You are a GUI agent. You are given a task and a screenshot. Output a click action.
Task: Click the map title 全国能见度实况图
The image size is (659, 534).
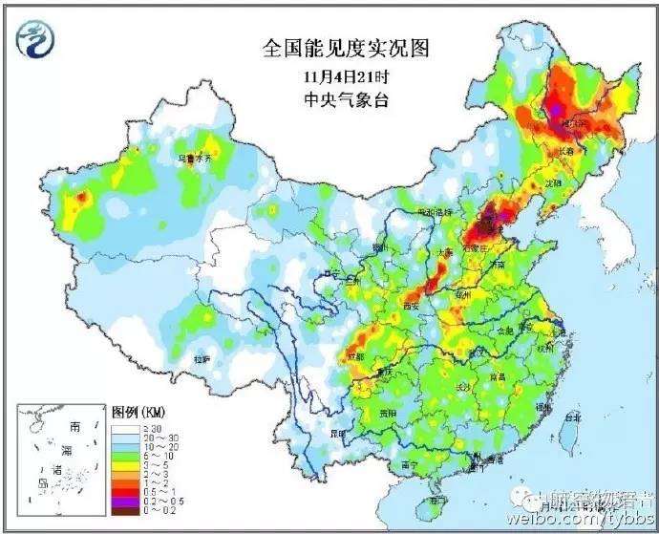329,46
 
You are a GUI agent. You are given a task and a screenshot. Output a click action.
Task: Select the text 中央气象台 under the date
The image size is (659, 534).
329,97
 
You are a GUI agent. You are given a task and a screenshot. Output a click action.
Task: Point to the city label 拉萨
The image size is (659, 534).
202,359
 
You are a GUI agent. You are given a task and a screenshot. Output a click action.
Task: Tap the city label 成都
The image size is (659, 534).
356,357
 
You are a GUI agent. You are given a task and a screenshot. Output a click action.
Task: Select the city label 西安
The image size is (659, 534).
412,306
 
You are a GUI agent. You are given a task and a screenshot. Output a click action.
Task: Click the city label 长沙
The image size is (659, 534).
463,387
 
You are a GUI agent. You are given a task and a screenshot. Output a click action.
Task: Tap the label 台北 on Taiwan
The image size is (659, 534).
572,417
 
